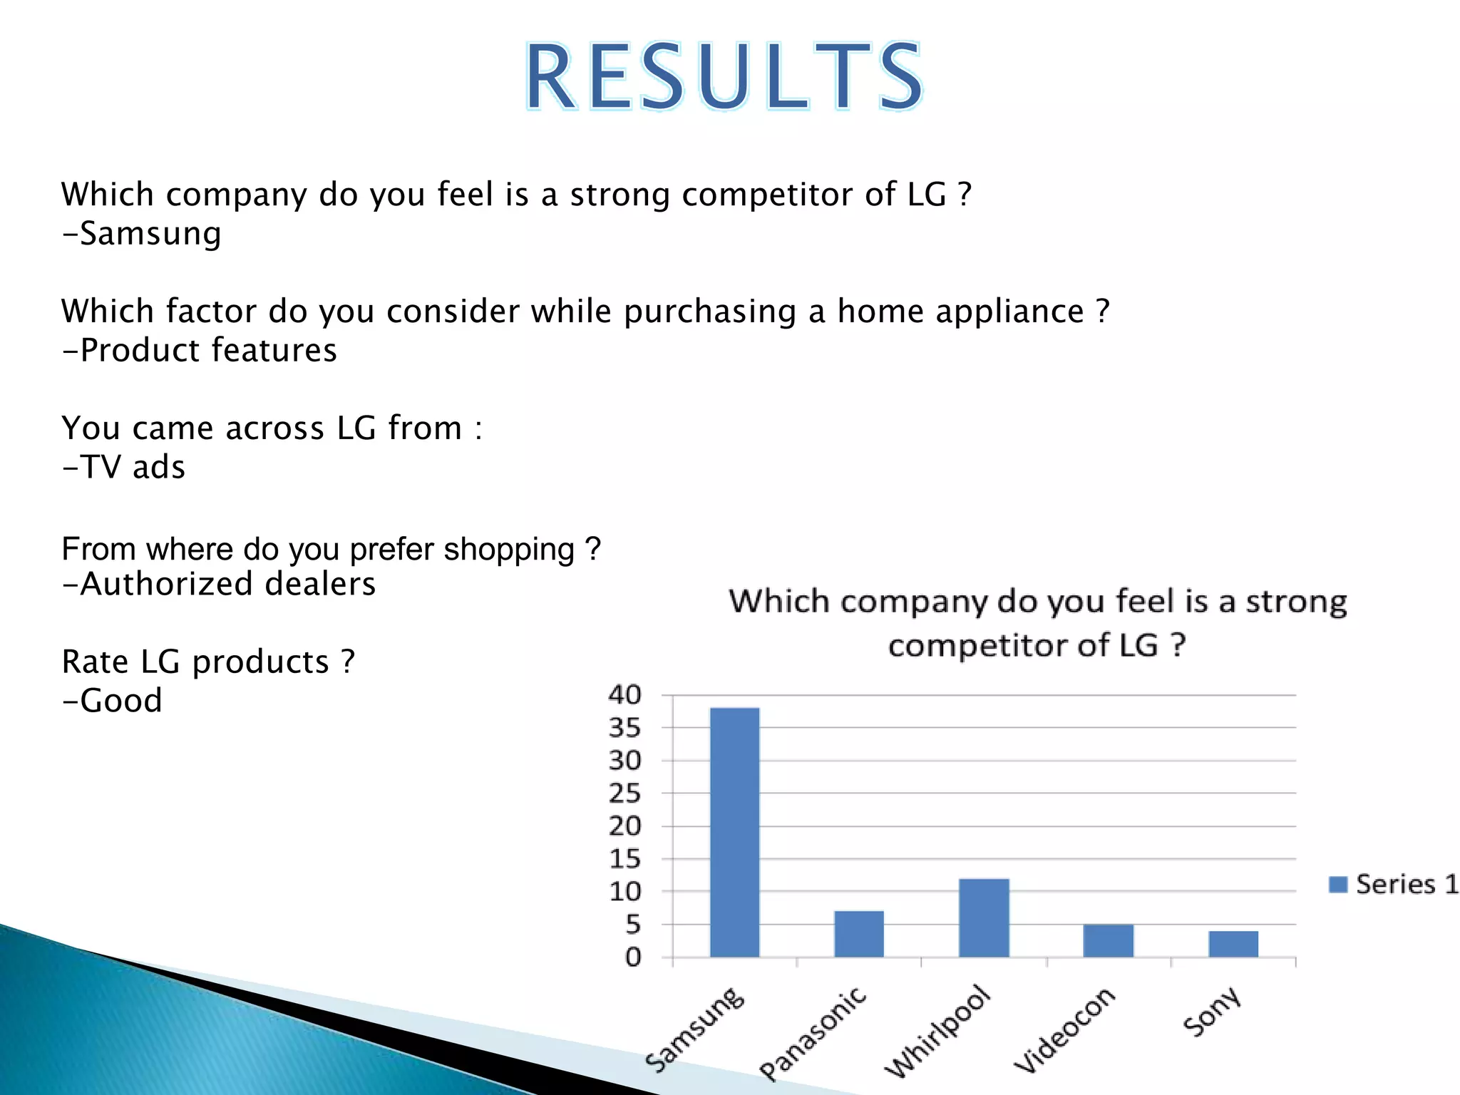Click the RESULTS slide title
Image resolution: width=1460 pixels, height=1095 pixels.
[x=724, y=77]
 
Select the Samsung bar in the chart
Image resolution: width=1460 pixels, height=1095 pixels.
[x=734, y=832]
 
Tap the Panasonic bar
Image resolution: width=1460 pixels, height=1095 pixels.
[x=858, y=934]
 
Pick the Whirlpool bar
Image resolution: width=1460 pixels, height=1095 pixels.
[x=984, y=917]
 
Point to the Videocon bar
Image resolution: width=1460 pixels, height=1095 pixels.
[x=1108, y=940]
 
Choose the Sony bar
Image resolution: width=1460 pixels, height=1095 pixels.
[x=1233, y=944]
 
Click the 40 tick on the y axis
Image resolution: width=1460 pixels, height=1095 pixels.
[x=624, y=694]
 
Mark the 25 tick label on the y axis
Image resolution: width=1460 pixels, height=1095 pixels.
[x=624, y=793]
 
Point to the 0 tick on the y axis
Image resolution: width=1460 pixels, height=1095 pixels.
[x=633, y=957]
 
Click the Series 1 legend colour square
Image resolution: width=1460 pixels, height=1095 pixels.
[x=1338, y=885]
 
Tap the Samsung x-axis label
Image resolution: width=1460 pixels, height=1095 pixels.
[x=694, y=1029]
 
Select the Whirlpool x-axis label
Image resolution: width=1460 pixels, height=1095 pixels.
[x=937, y=1032]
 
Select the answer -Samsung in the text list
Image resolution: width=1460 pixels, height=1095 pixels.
[x=142, y=234]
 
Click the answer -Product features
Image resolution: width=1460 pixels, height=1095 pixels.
[x=200, y=350]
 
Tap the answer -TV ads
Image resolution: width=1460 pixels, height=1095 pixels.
[x=124, y=467]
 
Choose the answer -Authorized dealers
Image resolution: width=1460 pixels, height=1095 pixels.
[x=219, y=584]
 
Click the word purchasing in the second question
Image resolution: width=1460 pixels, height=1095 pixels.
[x=710, y=312]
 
